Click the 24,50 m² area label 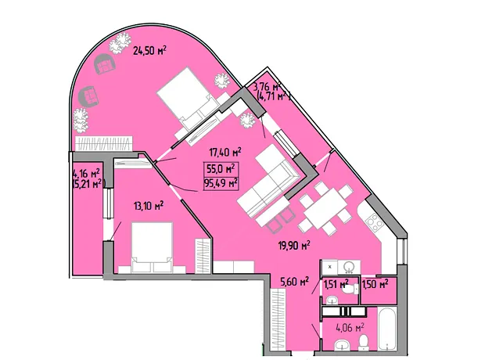click(149, 50)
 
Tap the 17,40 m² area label click(225, 152)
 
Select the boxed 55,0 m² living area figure click(221, 169)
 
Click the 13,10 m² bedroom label click(149, 206)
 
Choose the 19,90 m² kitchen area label click(294, 246)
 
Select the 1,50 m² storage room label click(375, 283)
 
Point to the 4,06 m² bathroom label click(350, 327)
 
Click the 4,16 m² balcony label click(86, 172)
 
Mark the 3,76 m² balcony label click(267, 87)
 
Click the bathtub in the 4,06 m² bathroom click(387, 329)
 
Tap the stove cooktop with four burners click(375, 222)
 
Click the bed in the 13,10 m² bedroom click(152, 247)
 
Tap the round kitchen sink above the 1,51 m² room click(349, 267)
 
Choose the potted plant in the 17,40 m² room click(247, 120)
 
